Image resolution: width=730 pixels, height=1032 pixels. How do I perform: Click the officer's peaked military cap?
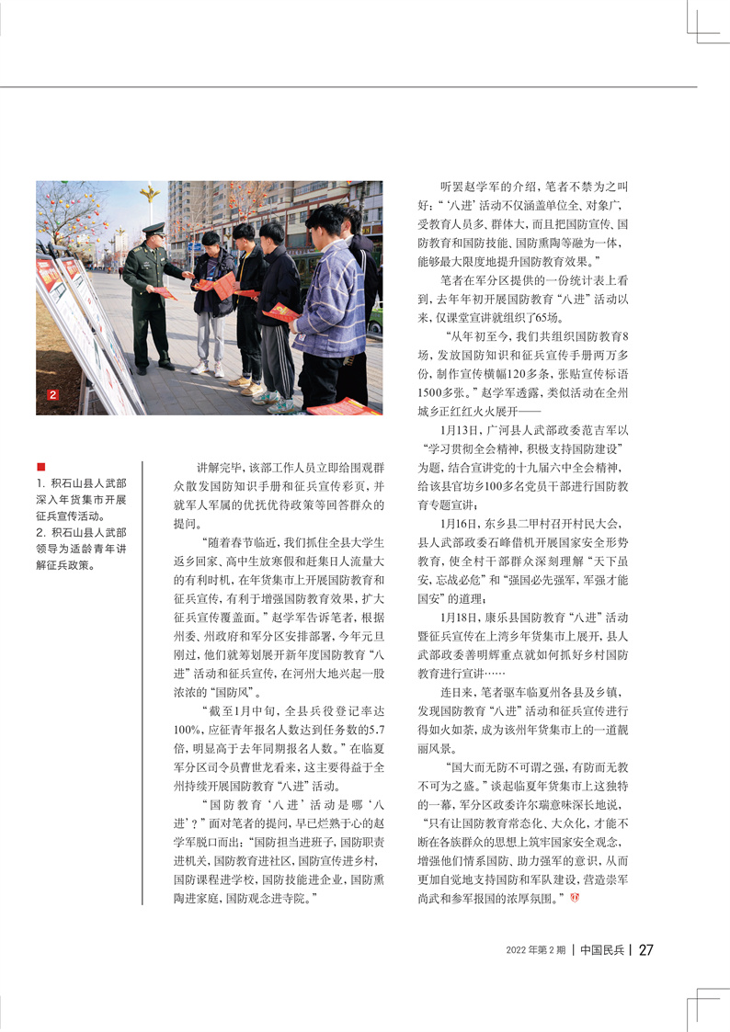coord(154,229)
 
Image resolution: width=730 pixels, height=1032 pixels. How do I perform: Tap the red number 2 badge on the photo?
coord(52,395)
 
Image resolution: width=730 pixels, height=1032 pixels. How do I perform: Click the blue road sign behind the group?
coord(195,246)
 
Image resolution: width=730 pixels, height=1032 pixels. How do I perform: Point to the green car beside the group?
coord(375,317)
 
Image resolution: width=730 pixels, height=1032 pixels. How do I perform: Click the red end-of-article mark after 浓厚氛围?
coord(576,896)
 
